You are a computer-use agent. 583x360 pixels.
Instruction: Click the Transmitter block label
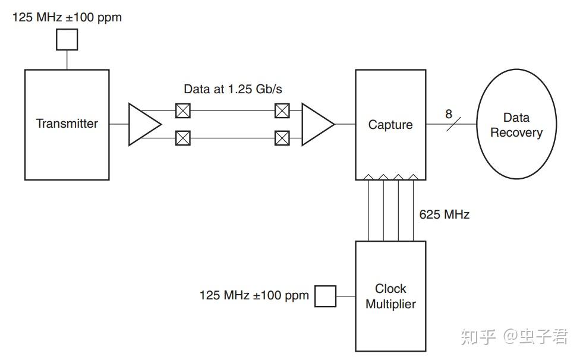[67, 124]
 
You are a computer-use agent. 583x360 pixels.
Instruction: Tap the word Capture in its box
[390, 125]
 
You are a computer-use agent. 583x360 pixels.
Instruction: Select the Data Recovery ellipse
[516, 125]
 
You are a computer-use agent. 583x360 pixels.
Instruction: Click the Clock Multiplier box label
[390, 296]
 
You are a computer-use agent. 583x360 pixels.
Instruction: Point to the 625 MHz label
[444, 214]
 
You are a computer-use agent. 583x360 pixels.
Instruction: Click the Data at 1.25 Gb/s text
[233, 89]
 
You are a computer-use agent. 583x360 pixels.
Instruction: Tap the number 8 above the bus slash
[449, 113]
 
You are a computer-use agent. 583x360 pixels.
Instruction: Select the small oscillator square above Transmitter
[67, 39]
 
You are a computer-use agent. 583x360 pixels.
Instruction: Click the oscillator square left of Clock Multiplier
[325, 296]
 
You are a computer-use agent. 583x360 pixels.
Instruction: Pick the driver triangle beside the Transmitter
[143, 124]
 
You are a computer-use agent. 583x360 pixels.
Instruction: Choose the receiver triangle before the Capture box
[317, 124]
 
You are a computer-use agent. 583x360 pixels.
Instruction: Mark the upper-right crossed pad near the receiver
[282, 110]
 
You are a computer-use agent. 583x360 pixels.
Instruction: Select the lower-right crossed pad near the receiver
[282, 138]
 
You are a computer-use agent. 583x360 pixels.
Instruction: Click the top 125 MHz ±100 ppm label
[67, 17]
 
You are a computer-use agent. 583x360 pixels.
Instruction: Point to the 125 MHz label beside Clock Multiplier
[254, 295]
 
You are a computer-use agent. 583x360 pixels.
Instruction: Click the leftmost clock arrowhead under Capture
[369, 176]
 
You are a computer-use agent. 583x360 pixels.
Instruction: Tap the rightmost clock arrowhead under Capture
[412, 176]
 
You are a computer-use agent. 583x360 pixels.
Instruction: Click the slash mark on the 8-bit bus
[450, 125]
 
